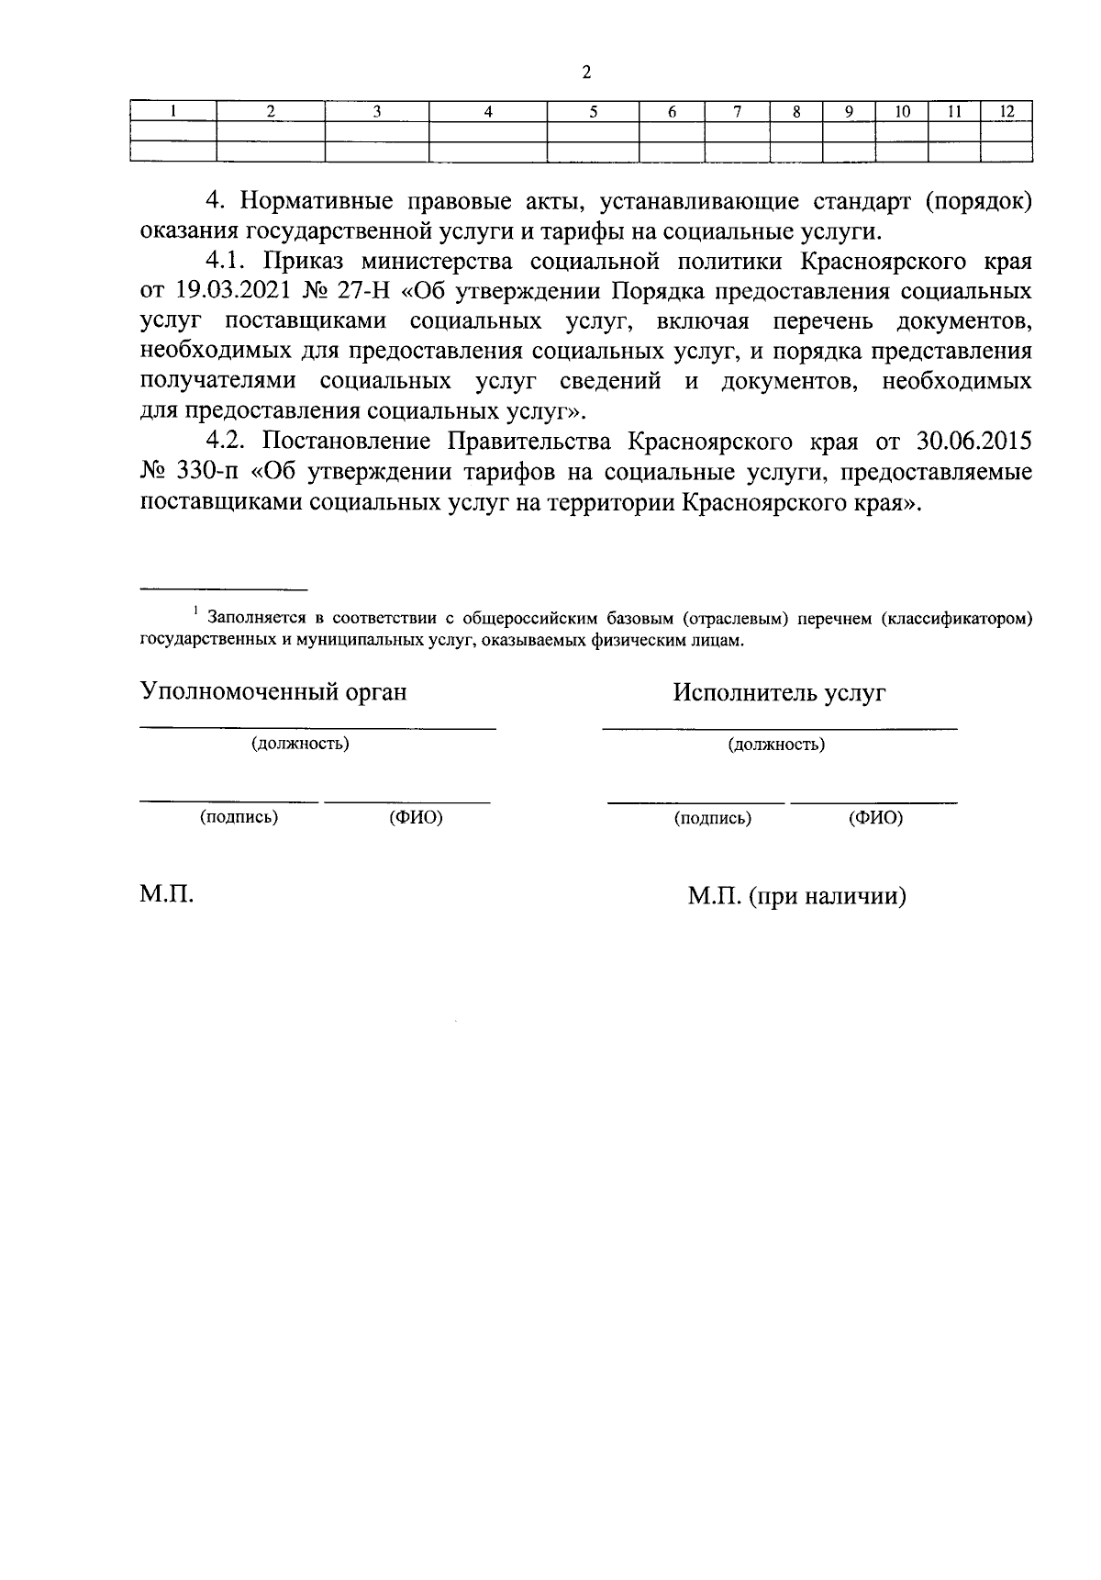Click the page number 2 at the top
pyautogui.click(x=586, y=73)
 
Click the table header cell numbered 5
pyautogui.click(x=593, y=112)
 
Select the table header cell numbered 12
pyautogui.click(x=1006, y=112)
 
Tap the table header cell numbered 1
pyautogui.click(x=172, y=112)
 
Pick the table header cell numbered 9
pyautogui.click(x=849, y=112)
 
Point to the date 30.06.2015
pyautogui.click(x=973, y=442)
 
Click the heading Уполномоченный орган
pyautogui.click(x=273, y=692)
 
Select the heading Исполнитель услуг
pyautogui.click(x=779, y=692)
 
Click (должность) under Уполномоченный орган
pyautogui.click(x=301, y=744)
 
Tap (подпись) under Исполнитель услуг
pyautogui.click(x=713, y=818)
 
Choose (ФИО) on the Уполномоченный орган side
pyautogui.click(x=416, y=818)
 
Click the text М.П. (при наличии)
pyautogui.click(x=797, y=896)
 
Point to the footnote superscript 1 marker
pyautogui.click(x=195, y=609)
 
